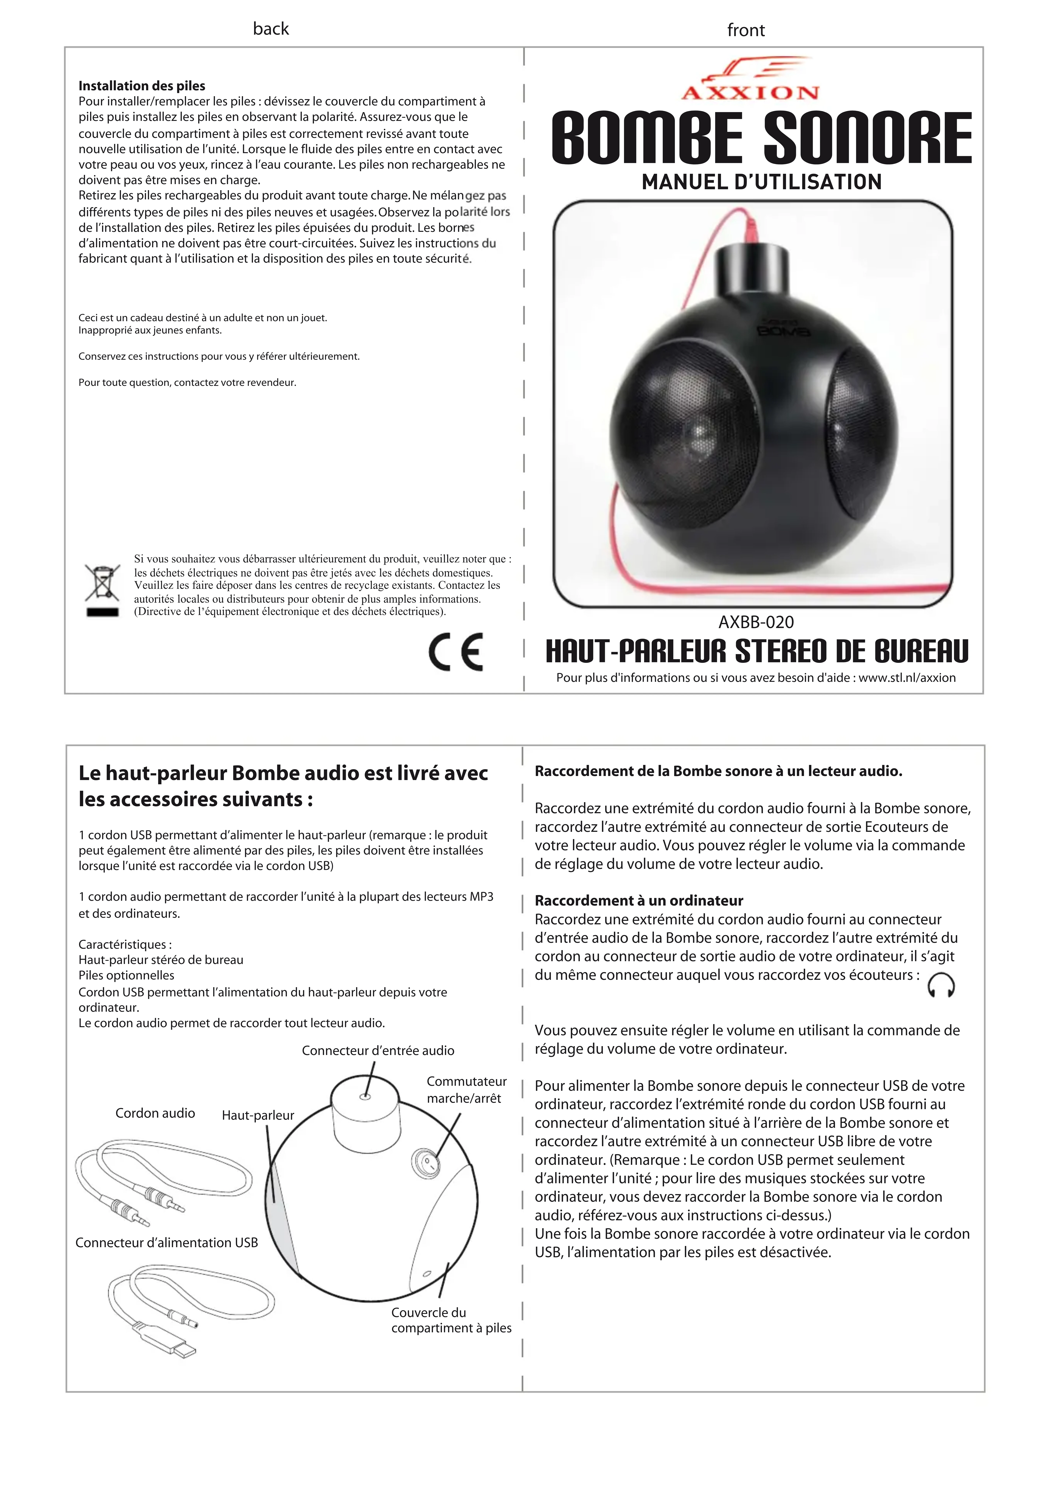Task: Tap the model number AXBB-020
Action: point(756,622)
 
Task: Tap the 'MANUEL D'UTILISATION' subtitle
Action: point(761,182)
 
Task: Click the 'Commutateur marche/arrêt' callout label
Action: point(466,1089)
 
